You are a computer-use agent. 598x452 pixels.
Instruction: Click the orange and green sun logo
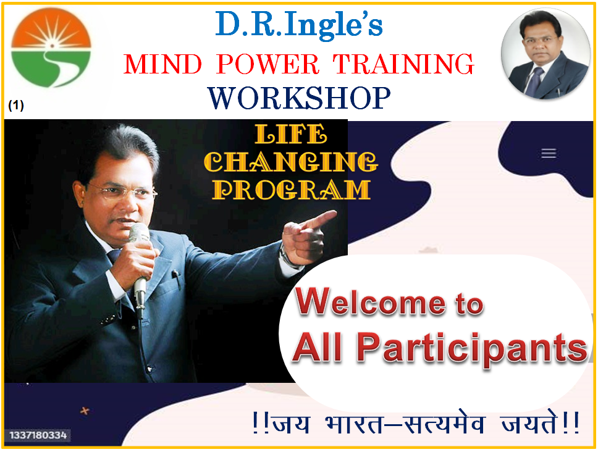pyautogui.click(x=51, y=48)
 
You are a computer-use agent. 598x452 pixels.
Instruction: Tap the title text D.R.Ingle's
pyautogui.click(x=299, y=25)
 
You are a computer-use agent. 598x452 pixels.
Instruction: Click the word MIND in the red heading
pyautogui.click(x=163, y=64)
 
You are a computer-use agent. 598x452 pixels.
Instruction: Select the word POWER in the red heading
pyautogui.click(x=267, y=64)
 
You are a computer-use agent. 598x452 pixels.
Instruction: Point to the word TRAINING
pyautogui.click(x=403, y=64)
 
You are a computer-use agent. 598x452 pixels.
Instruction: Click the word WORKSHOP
pyautogui.click(x=300, y=98)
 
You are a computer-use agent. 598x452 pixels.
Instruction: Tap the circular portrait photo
pyautogui.click(x=545, y=54)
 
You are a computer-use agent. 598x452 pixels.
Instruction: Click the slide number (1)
pyautogui.click(x=16, y=105)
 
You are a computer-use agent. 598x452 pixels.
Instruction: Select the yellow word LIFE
pyautogui.click(x=291, y=134)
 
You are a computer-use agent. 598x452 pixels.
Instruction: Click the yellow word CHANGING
pyautogui.click(x=291, y=162)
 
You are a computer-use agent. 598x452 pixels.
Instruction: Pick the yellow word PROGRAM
pyautogui.click(x=292, y=190)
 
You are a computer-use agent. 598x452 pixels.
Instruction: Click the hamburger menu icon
pyautogui.click(x=549, y=153)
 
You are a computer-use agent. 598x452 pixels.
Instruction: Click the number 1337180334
pyautogui.click(x=38, y=435)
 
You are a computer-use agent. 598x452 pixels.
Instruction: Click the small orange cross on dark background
pyautogui.click(x=85, y=411)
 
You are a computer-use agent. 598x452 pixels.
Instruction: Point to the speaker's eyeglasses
pyautogui.click(x=122, y=191)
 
